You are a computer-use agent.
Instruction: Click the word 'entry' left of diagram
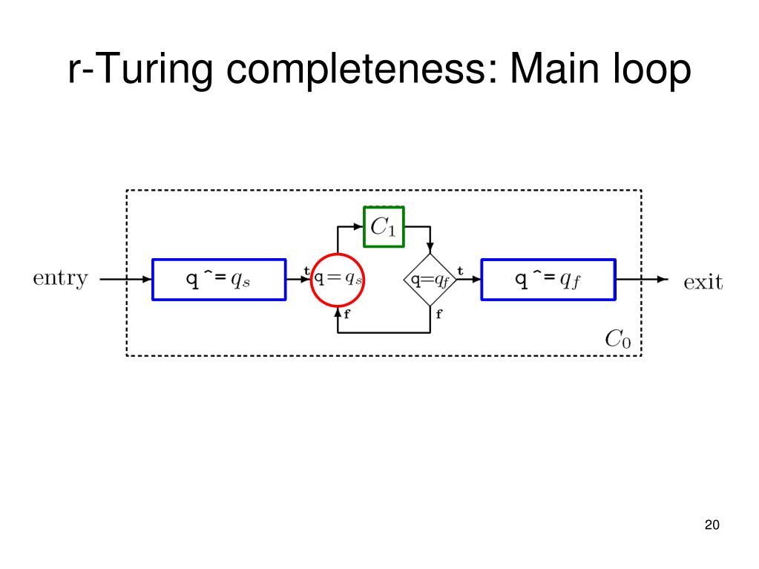[x=61, y=279]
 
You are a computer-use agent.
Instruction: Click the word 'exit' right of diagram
[x=702, y=281]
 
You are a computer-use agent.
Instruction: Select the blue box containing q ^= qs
[x=219, y=279]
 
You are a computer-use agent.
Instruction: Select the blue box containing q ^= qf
[x=548, y=279]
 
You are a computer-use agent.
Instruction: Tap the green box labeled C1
[x=384, y=226]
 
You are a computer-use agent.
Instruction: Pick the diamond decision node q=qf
[x=431, y=280]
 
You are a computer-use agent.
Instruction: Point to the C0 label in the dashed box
[x=618, y=339]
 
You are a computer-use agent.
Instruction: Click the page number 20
[x=712, y=525]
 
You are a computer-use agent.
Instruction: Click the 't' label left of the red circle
[x=306, y=272]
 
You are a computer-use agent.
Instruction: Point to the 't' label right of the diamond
[x=460, y=272]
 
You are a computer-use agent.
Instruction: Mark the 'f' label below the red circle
[x=347, y=313]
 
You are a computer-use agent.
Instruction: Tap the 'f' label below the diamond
[x=438, y=314]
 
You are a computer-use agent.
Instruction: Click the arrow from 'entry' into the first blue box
[x=126, y=280]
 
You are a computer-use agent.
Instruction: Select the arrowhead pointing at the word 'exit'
[x=663, y=280]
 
